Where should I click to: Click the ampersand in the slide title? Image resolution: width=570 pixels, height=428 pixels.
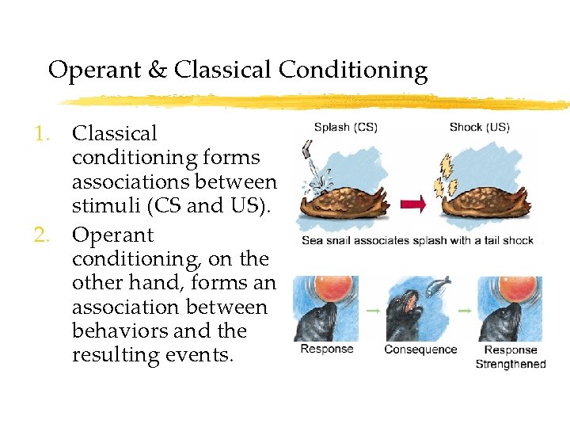click(157, 71)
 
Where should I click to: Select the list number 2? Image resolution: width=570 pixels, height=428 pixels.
click(43, 235)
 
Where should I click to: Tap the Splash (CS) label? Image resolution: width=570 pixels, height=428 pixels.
click(345, 127)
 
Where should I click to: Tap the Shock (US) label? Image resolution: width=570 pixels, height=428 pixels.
click(479, 127)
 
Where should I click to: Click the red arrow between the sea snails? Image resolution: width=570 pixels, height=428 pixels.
click(413, 204)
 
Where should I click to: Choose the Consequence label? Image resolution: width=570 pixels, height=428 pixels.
click(420, 350)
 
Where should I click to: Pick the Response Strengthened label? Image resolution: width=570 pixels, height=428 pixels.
click(510, 357)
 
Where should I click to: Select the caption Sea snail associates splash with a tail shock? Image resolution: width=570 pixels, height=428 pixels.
click(417, 240)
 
